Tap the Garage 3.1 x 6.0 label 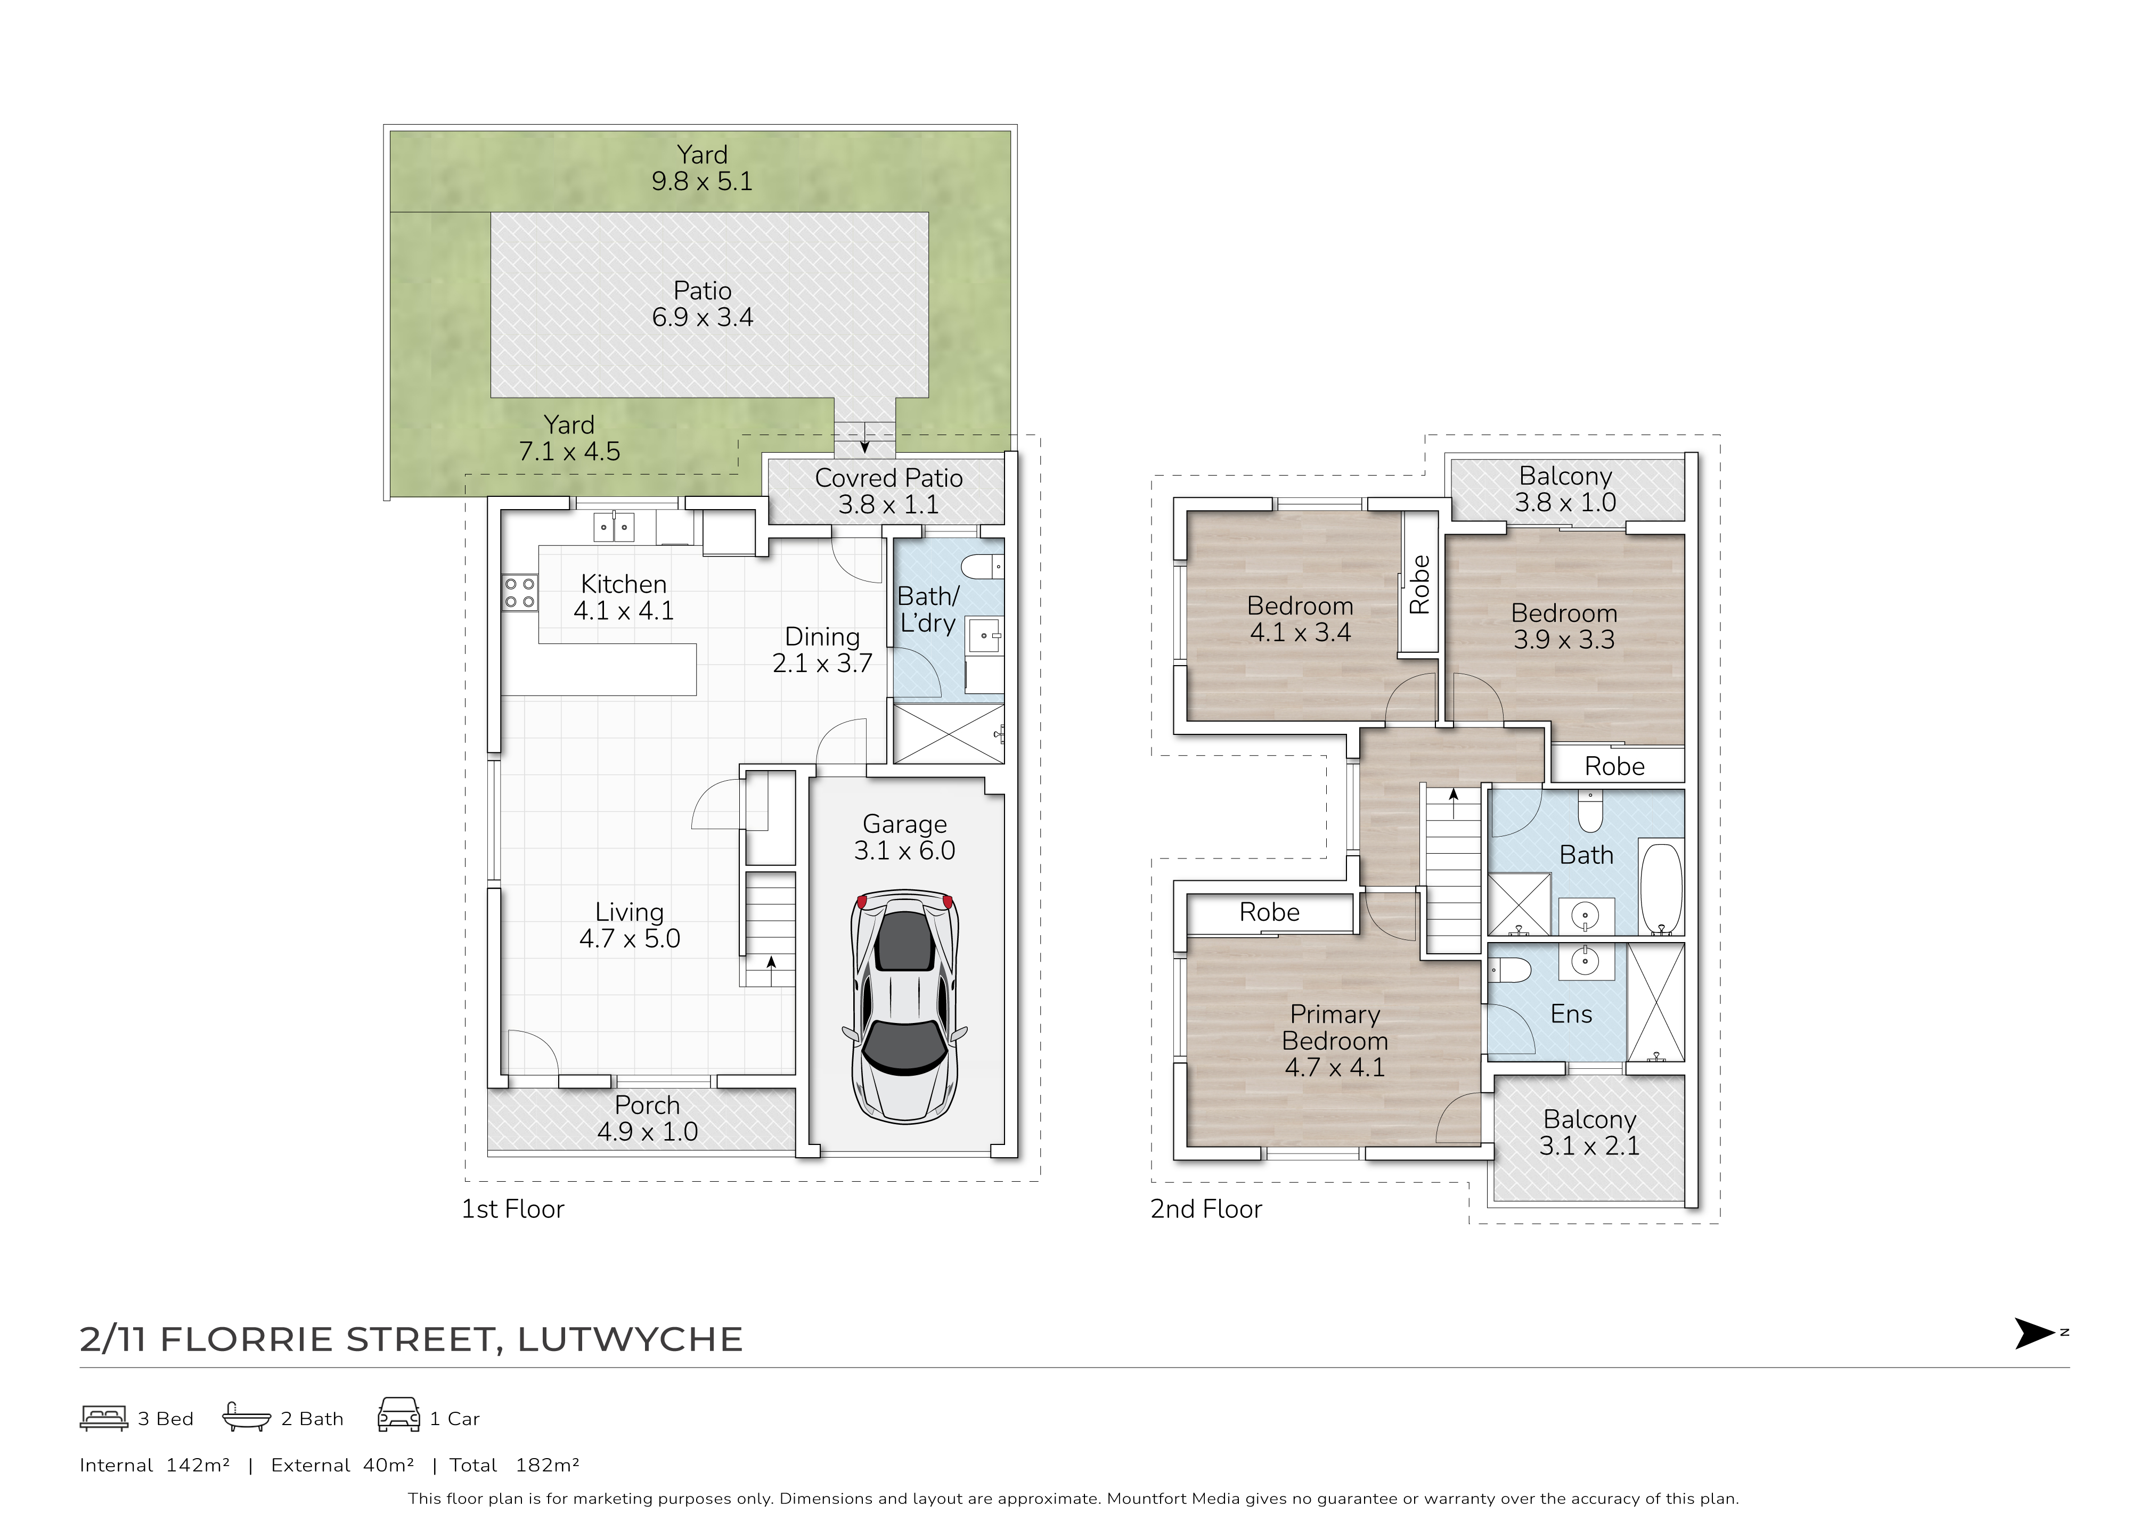tap(904, 838)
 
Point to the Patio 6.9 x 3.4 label tap(703, 304)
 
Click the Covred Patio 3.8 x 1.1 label tap(888, 491)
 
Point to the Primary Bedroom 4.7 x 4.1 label tap(1335, 1040)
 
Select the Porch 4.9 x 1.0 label tap(647, 1118)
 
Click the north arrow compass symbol tap(2035, 1333)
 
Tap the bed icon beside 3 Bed tap(104, 1418)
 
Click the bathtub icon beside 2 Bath tap(246, 1417)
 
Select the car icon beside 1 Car tap(398, 1415)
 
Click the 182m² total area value tap(548, 1465)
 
